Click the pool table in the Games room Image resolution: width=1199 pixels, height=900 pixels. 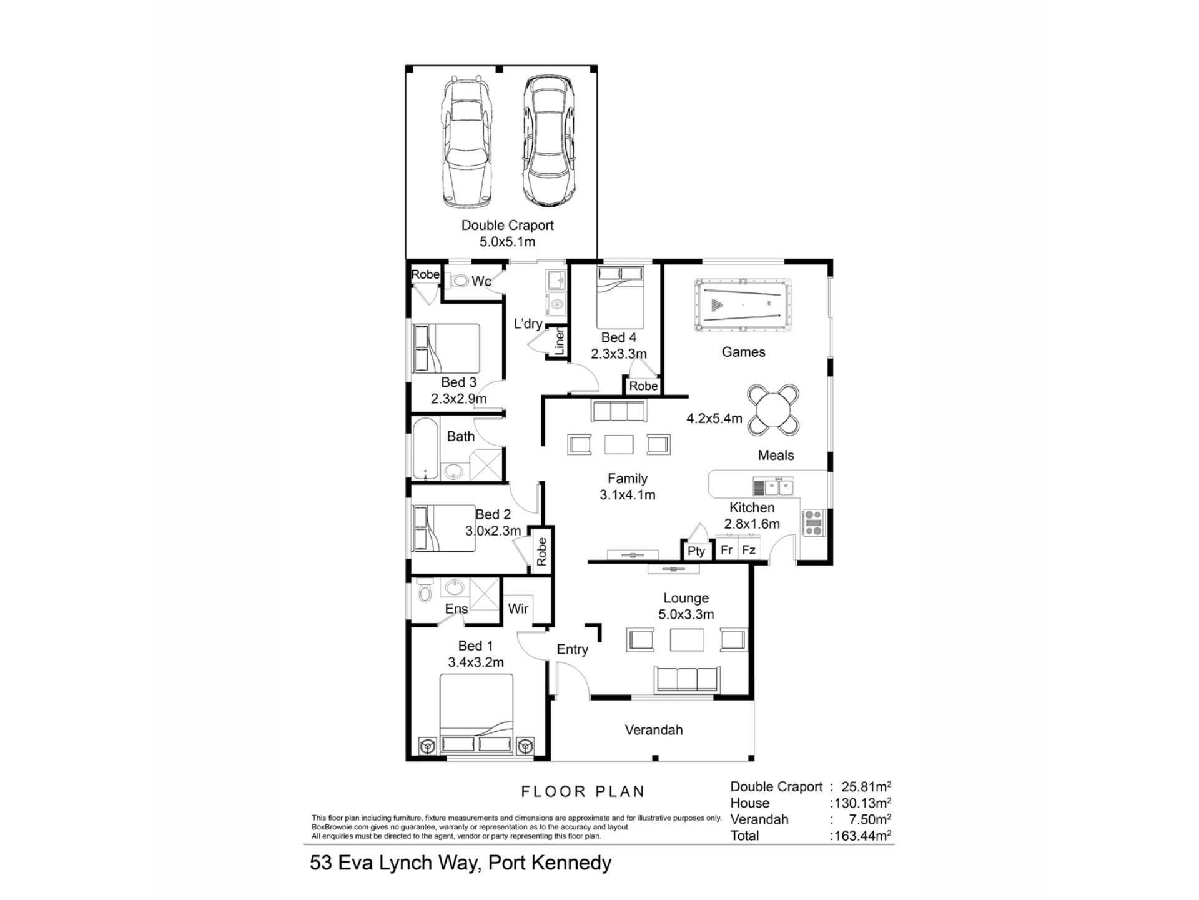click(743, 306)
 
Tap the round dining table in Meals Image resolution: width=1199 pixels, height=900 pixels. click(774, 410)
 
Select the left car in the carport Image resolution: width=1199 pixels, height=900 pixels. click(466, 142)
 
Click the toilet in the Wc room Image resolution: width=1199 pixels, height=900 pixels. click(460, 281)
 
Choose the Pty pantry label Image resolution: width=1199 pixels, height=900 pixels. click(696, 551)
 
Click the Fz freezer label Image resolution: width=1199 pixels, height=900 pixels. click(749, 550)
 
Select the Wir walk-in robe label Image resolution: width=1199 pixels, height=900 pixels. click(518, 609)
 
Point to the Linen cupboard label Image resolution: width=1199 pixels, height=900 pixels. click(560, 342)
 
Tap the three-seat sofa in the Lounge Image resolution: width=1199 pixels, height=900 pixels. click(686, 679)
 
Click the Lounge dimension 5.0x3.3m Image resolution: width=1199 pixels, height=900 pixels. click(686, 614)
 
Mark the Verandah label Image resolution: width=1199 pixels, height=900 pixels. click(654, 730)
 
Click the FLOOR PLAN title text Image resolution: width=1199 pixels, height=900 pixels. click(583, 792)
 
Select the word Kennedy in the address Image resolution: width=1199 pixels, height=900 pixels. click(573, 863)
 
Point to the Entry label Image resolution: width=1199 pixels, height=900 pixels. click(573, 650)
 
